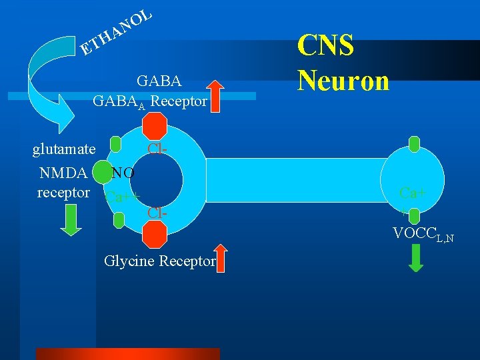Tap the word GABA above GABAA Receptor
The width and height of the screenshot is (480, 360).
coord(159,81)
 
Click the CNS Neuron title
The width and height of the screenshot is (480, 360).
coord(343,63)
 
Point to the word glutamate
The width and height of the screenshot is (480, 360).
coord(64,148)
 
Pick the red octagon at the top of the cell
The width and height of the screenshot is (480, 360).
coord(155,125)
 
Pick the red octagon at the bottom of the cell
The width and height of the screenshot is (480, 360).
coord(155,234)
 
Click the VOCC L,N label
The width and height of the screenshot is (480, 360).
coord(423,234)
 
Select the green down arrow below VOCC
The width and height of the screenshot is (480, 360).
coord(415,258)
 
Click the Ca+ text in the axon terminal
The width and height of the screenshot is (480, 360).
coord(414,193)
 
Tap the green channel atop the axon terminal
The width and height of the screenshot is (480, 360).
coord(414,143)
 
